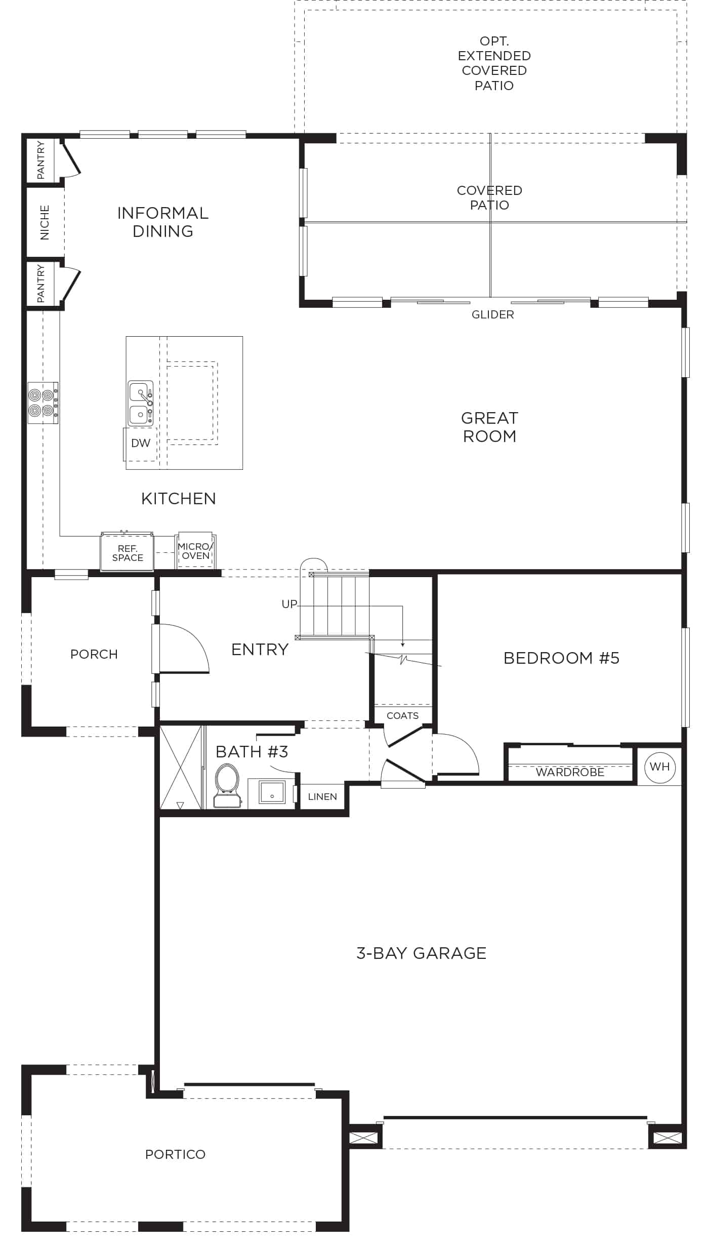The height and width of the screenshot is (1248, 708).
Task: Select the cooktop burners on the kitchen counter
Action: [43, 402]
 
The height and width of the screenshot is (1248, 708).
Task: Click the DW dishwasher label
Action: [141, 443]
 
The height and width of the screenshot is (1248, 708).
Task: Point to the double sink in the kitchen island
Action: [140, 403]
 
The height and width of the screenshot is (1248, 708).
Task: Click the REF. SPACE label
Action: [128, 553]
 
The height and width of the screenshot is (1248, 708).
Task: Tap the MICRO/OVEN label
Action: [196, 551]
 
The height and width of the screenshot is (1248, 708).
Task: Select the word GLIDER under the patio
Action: [492, 314]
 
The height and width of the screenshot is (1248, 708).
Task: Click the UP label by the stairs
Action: [289, 604]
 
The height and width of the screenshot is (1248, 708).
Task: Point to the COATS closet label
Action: [402, 715]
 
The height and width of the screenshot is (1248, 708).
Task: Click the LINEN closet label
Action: [322, 796]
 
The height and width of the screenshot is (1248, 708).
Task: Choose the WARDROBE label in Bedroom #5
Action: [570, 772]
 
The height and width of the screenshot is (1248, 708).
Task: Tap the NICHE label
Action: [45, 222]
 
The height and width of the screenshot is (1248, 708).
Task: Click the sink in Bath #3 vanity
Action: [272, 792]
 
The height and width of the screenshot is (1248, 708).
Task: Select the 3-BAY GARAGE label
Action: [421, 953]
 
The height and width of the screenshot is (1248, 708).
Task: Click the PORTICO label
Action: [175, 1154]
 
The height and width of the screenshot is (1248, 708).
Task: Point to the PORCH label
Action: [94, 654]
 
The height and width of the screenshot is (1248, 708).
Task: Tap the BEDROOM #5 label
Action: [561, 658]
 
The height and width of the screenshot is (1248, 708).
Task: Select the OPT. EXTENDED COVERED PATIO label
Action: [494, 63]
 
